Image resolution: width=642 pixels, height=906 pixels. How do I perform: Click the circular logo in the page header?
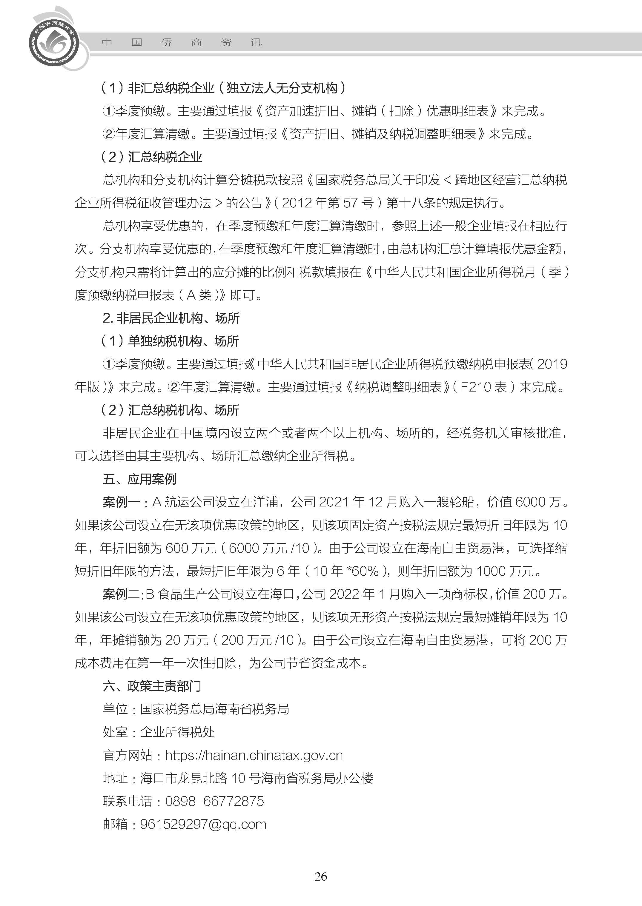click(x=54, y=42)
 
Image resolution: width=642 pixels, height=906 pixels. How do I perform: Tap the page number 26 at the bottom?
click(x=321, y=887)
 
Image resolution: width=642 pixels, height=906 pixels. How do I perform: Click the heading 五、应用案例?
click(x=139, y=479)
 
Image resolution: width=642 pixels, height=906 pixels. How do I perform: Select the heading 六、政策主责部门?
click(x=151, y=686)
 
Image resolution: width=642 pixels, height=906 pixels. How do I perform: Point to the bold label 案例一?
click(x=121, y=502)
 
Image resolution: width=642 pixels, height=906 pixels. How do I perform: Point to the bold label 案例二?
click(x=121, y=594)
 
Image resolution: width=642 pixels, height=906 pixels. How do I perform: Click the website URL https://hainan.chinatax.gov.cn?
click(x=254, y=756)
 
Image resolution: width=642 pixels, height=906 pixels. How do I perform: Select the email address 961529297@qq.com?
click(x=203, y=824)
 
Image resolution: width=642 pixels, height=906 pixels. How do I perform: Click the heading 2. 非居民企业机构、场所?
click(x=171, y=318)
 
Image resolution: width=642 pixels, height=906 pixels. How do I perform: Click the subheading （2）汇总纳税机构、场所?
click(x=170, y=410)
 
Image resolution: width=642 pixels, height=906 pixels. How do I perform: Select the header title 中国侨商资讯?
click(x=182, y=42)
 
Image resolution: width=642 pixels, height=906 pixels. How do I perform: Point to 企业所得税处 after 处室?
click(x=177, y=732)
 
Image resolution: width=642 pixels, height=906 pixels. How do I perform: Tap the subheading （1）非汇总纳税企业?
click(x=158, y=88)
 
